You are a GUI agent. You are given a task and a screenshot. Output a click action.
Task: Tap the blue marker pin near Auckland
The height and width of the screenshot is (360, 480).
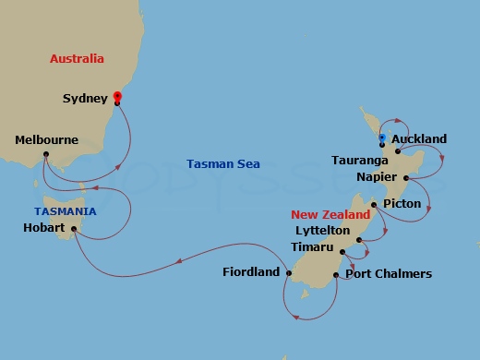tap(381, 138)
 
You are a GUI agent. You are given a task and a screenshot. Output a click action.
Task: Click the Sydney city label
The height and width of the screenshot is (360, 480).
tap(85, 98)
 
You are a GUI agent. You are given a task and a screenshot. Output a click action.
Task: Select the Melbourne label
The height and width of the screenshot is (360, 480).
tap(47, 140)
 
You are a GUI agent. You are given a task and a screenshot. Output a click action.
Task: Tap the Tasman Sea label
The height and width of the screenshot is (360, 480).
tap(223, 163)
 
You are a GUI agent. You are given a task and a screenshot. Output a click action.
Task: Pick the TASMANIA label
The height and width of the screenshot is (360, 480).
tap(61, 211)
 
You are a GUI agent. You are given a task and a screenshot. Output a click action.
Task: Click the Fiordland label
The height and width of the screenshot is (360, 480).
tap(251, 272)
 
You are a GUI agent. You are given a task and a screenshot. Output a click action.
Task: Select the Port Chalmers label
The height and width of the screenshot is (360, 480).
tap(389, 274)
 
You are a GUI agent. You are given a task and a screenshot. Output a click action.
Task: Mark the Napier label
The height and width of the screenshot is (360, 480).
tap(376, 176)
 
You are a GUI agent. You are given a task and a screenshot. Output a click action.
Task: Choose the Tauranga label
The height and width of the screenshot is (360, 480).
tap(354, 160)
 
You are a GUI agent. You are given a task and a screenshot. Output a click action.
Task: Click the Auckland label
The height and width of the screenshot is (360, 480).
tap(419, 139)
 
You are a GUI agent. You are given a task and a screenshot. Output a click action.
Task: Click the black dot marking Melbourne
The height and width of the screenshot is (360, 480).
tap(45, 154)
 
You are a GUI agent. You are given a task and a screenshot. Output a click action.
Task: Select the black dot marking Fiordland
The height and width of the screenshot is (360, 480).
tap(288, 273)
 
